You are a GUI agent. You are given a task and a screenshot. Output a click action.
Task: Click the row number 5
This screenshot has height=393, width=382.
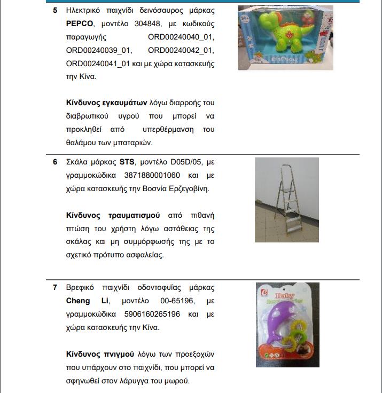click(55, 10)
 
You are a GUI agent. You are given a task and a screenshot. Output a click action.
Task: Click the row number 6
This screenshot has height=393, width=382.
click(55, 162)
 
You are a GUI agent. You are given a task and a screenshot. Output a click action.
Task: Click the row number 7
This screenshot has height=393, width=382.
click(55, 287)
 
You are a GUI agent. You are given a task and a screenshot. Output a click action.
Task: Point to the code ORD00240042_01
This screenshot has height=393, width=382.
click(181, 51)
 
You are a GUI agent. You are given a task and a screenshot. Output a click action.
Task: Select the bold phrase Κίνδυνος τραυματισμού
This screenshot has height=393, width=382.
click(113, 215)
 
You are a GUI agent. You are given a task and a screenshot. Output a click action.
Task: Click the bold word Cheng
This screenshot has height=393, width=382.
click(78, 301)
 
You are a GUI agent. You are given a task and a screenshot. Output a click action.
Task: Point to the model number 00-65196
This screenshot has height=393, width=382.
click(169, 301)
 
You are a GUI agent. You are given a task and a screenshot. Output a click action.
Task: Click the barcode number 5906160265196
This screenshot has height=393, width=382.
click(152, 314)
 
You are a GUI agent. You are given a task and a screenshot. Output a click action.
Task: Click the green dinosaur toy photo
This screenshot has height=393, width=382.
click(285, 37)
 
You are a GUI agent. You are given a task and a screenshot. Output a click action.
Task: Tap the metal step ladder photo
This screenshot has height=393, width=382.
click(287, 200)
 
